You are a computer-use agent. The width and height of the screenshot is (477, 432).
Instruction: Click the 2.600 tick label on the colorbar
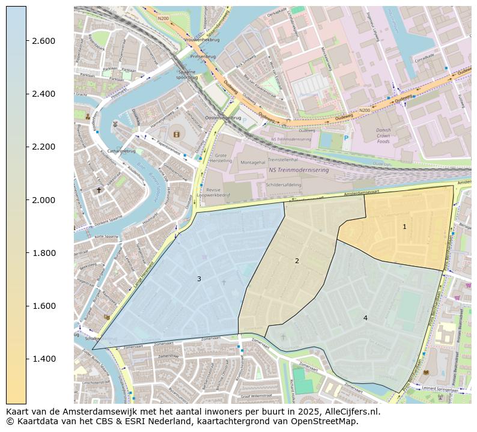click(x=43, y=41)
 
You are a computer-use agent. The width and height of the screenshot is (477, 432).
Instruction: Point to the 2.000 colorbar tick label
click(x=43, y=200)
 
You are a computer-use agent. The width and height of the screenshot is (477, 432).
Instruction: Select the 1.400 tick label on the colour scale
click(x=43, y=359)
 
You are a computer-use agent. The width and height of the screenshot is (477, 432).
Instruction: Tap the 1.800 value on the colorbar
click(x=43, y=253)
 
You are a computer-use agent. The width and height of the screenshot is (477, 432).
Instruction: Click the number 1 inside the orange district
click(x=404, y=227)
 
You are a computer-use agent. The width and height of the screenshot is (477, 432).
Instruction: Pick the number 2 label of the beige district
click(x=297, y=261)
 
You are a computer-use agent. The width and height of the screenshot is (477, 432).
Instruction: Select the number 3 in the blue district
click(x=199, y=279)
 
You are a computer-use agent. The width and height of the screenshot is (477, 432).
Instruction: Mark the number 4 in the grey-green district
click(x=365, y=318)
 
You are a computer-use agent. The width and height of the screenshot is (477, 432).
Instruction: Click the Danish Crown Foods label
click(x=383, y=136)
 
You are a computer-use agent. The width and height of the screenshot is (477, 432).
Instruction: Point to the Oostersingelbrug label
click(x=223, y=118)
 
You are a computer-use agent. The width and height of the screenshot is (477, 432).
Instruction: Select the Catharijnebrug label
click(x=121, y=151)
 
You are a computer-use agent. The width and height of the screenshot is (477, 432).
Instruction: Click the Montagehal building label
click(x=252, y=162)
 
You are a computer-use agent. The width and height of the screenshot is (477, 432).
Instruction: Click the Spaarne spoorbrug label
click(x=187, y=74)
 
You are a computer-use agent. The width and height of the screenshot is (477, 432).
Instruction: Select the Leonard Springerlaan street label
click(x=444, y=388)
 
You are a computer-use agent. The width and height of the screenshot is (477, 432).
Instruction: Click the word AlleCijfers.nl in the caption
click(x=350, y=412)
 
